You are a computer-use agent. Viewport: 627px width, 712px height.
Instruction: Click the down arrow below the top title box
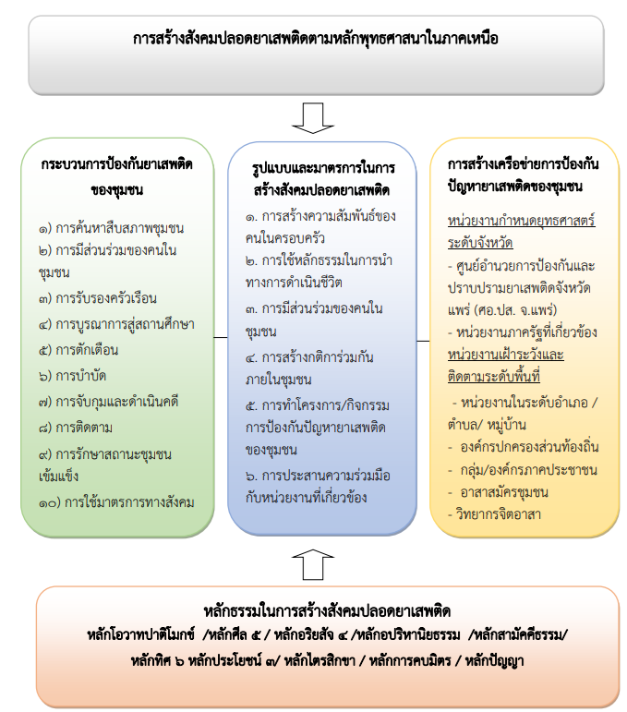click(313, 118)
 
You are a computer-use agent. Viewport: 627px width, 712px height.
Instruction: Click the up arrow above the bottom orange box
click(313, 564)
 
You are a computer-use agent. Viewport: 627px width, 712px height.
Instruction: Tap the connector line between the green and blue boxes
click(221, 337)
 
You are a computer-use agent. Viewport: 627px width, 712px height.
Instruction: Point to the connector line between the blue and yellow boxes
click(423, 341)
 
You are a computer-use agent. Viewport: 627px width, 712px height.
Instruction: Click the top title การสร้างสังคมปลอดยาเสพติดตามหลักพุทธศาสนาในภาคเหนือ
click(316, 39)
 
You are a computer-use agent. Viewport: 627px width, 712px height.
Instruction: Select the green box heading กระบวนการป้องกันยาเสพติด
click(116, 164)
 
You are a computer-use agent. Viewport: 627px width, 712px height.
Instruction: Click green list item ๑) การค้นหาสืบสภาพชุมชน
click(111, 228)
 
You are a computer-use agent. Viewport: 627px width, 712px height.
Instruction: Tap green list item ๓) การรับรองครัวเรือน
click(98, 298)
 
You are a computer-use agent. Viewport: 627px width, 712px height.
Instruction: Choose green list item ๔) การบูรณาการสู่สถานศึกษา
click(116, 324)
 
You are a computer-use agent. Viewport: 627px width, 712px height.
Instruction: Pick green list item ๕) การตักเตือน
click(78, 350)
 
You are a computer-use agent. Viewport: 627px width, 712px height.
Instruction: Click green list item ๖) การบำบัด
click(72, 376)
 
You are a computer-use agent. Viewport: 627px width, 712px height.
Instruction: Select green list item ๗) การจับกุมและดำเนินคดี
click(109, 402)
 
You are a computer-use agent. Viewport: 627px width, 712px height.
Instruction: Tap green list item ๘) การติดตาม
click(76, 428)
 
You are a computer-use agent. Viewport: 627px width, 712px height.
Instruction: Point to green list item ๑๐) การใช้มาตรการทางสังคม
click(116, 502)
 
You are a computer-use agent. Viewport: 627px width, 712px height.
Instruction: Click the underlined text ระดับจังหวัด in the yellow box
click(480, 243)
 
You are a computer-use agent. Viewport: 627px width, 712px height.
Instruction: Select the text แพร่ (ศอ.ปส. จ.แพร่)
click(502, 310)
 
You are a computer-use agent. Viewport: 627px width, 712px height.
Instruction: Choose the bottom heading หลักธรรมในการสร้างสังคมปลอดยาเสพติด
click(327, 611)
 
